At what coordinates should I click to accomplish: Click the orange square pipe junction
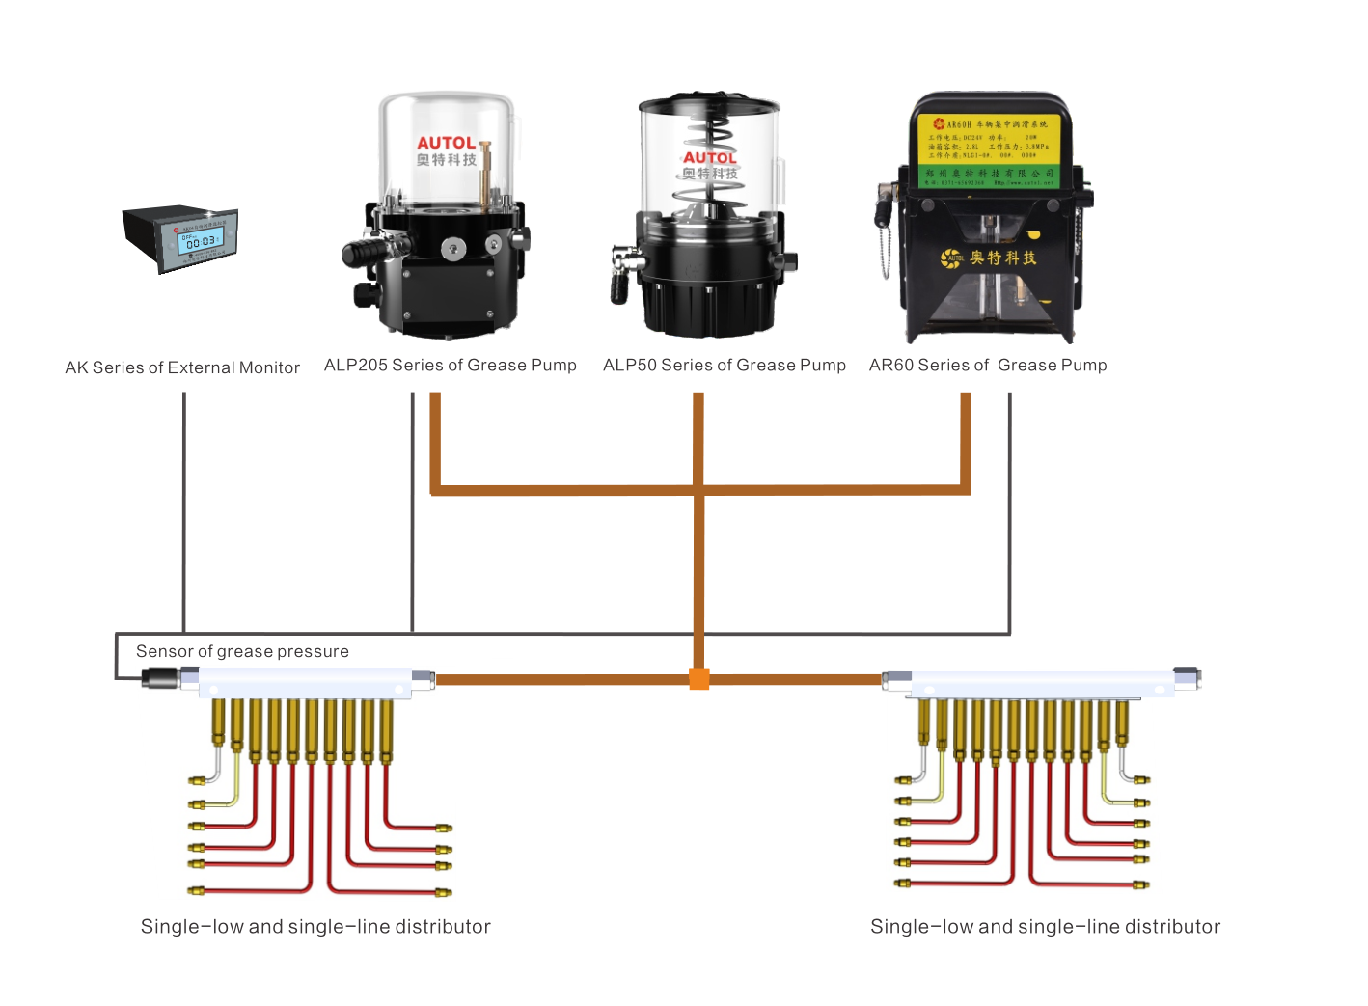[x=699, y=679]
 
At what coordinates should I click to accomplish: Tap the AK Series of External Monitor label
[x=182, y=367]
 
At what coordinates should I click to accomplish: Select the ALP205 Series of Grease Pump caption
[x=450, y=365]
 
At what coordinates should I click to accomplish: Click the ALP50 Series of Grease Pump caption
[x=724, y=365]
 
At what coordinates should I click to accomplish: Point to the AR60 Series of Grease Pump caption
[x=987, y=365]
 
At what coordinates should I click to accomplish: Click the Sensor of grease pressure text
[x=242, y=651]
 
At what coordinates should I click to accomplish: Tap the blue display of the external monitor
[x=201, y=240]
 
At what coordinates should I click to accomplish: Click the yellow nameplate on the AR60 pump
[x=988, y=140]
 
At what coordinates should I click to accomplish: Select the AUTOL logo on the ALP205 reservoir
[x=446, y=143]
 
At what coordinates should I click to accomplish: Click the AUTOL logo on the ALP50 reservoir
[x=709, y=157]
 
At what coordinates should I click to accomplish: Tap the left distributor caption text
[x=315, y=926]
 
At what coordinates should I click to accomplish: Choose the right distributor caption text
[x=1045, y=926]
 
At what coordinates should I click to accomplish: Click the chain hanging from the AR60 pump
[x=885, y=241]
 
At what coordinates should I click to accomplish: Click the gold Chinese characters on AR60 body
[x=1003, y=258]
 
